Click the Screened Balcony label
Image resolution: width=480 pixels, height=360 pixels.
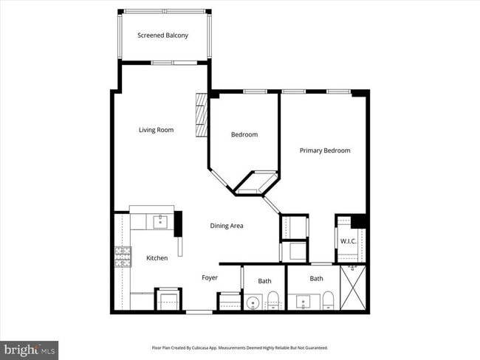[x=162, y=35]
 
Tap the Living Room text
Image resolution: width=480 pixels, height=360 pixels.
[x=156, y=130]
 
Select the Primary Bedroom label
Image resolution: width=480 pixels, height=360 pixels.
[x=324, y=150]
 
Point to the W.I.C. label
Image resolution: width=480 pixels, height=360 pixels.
[x=349, y=242]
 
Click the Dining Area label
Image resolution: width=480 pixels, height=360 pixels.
[x=226, y=226]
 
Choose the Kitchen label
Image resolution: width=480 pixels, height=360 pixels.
[x=157, y=257]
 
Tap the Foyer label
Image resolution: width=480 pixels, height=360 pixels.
[x=210, y=278]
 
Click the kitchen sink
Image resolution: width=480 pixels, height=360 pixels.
[x=160, y=220]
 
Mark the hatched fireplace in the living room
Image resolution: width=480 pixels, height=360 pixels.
[x=201, y=115]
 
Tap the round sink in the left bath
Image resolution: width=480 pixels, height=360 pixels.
[x=254, y=301]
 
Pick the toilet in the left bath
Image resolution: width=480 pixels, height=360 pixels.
[x=272, y=300]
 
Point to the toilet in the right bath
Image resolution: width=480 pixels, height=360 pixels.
[x=328, y=300]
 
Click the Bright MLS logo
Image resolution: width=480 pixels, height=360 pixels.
[x=30, y=348]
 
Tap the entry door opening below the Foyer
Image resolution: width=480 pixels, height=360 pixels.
[x=198, y=312]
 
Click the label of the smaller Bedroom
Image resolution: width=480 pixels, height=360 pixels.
[x=244, y=134]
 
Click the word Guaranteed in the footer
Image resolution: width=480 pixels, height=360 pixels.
[x=314, y=347]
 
